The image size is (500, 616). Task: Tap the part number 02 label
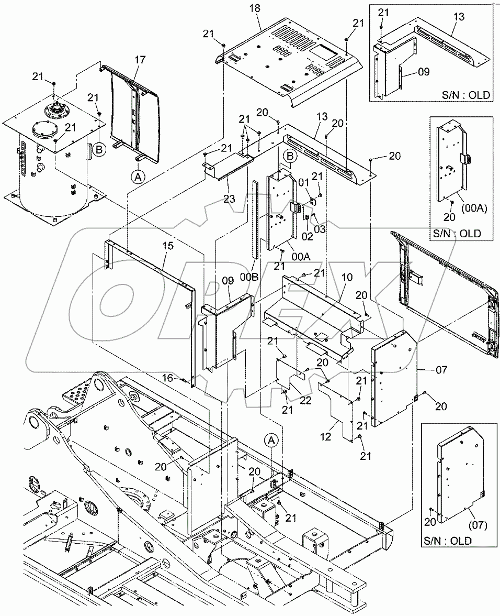pos(307,237)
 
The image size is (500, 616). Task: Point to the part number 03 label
pos(320,229)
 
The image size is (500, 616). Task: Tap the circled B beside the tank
pos(100,149)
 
